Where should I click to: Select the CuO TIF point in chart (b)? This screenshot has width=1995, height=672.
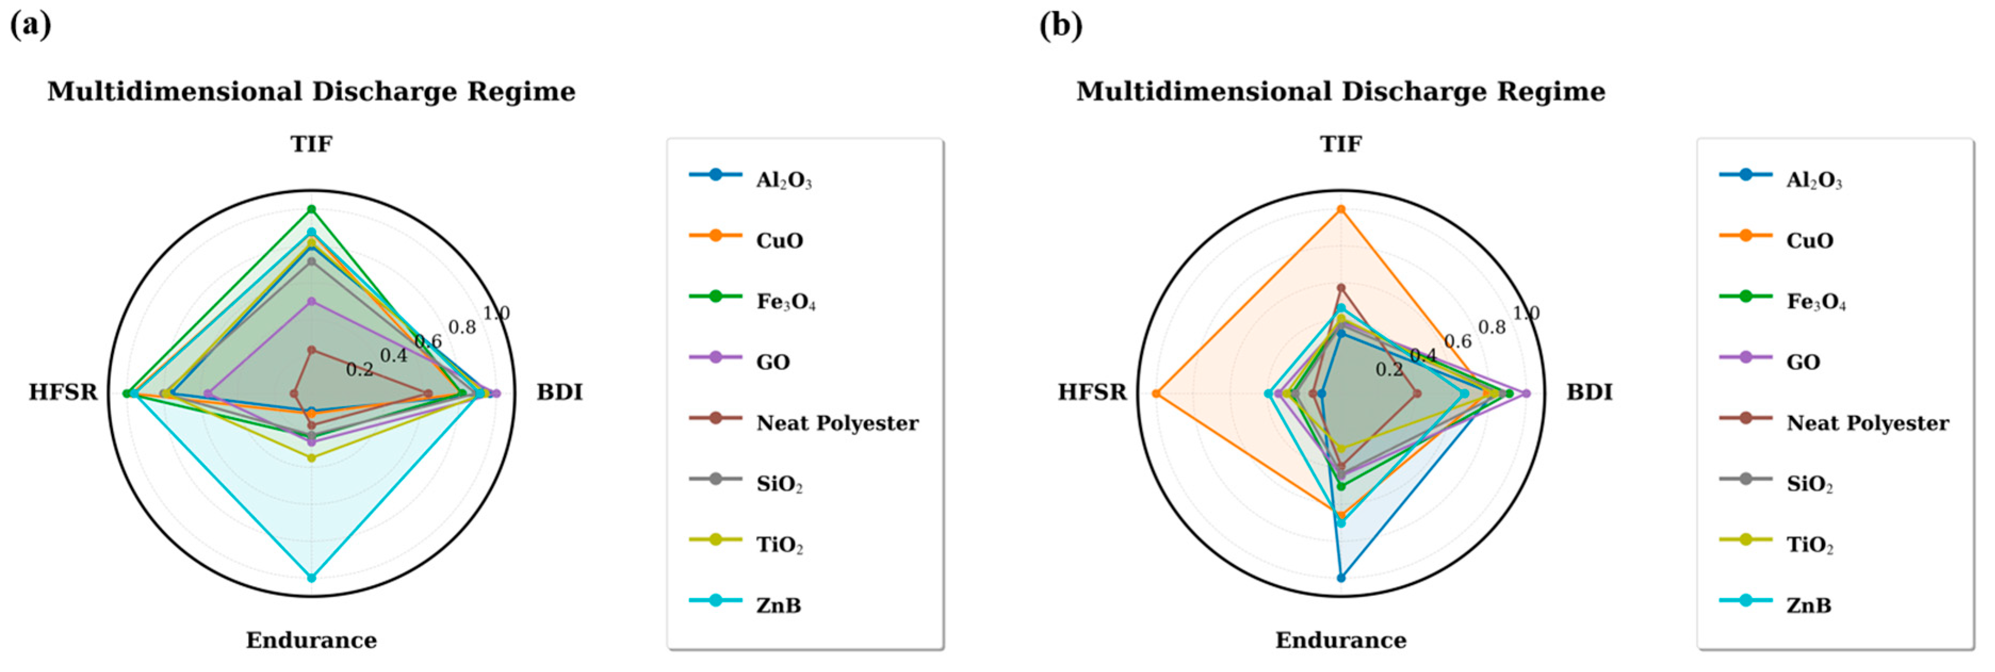pyautogui.click(x=1340, y=209)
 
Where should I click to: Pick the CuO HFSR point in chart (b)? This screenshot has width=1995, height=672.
pyautogui.click(x=1156, y=394)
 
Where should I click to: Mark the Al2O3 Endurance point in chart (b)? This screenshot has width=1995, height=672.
pyautogui.click(x=1340, y=578)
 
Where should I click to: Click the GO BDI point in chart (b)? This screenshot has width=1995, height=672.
pyautogui.click(x=1526, y=394)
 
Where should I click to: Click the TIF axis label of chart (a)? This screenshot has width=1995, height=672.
pyautogui.click(x=312, y=144)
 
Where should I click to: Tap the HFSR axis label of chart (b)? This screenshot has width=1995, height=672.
pyautogui.click(x=1093, y=392)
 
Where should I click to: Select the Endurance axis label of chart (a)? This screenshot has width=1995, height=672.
pyautogui.click(x=312, y=640)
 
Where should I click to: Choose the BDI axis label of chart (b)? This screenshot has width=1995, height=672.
pyautogui.click(x=1590, y=392)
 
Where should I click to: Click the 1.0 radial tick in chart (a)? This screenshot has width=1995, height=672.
pyautogui.click(x=496, y=313)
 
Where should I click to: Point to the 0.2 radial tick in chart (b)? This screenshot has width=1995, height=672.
pyautogui.click(x=1388, y=370)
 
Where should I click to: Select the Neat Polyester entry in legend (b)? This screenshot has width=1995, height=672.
pyautogui.click(x=1833, y=423)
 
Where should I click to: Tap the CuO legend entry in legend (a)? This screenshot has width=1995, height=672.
pyautogui.click(x=747, y=240)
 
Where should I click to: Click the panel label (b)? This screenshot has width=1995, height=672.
pyautogui.click(x=1061, y=26)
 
